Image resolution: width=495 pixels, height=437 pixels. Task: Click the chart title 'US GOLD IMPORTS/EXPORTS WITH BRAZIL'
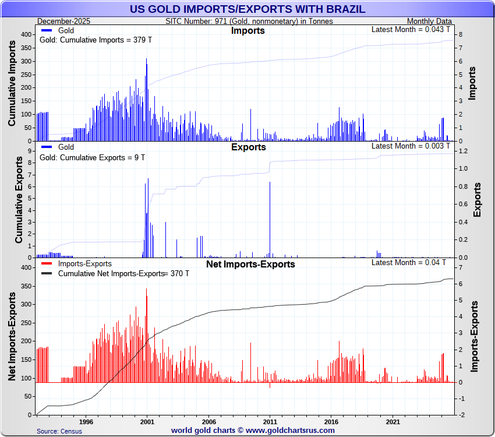248,9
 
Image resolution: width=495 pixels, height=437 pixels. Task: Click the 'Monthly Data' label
429,22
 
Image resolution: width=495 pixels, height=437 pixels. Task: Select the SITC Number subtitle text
249,22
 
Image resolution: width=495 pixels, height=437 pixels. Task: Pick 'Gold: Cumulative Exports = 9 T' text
92,157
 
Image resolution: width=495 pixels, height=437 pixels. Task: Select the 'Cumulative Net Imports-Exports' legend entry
111,273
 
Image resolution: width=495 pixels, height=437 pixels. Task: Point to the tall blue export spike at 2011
270,218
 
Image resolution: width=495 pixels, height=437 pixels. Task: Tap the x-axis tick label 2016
331,421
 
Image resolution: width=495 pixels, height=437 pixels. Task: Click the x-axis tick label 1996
86,421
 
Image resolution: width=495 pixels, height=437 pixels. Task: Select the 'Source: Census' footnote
59,431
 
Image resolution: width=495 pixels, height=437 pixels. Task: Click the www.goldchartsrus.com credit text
253,431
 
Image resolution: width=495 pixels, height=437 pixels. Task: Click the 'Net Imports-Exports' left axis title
12,338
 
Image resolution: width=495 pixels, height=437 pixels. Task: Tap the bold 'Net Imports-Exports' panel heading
250,264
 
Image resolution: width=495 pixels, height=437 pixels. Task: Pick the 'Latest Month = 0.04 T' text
409,262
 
